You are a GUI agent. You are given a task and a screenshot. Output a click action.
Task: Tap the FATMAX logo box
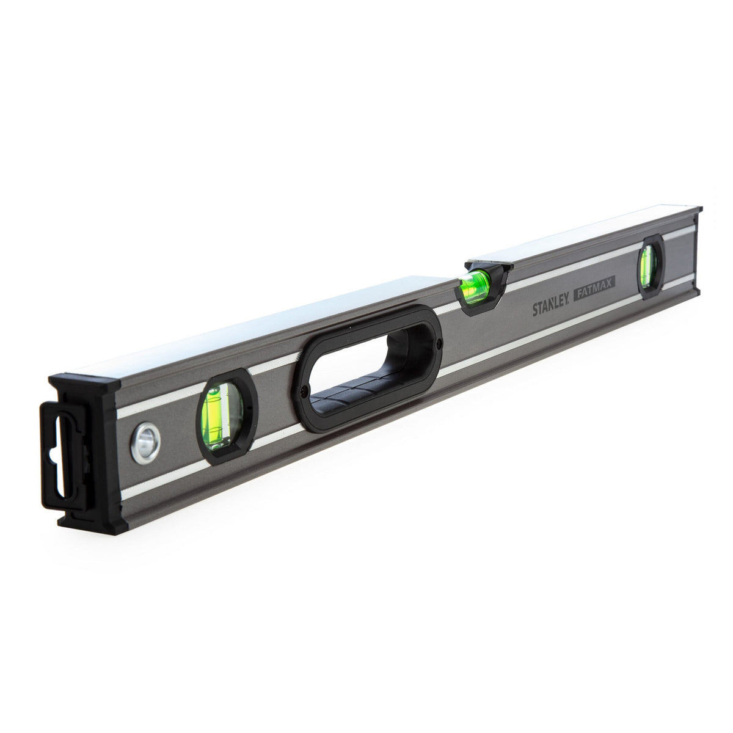click(594, 283)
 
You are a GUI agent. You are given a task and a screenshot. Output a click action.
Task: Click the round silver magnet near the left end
click(146, 443)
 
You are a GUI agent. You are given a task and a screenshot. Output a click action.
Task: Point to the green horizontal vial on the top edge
click(475, 282)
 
